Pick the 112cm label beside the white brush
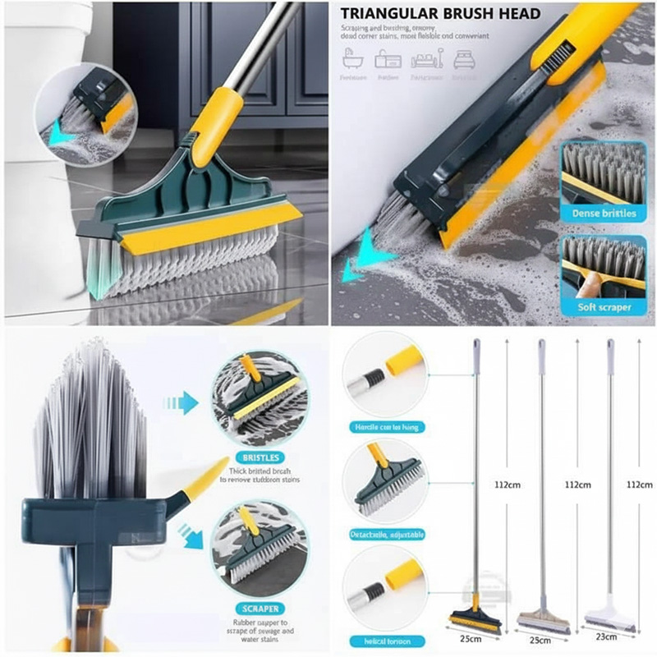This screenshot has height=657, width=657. pos(638,485)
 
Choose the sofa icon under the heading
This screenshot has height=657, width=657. pos(427,60)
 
